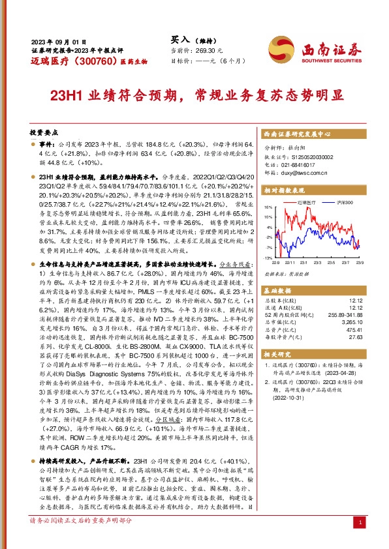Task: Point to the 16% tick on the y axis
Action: (x=268, y=207)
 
